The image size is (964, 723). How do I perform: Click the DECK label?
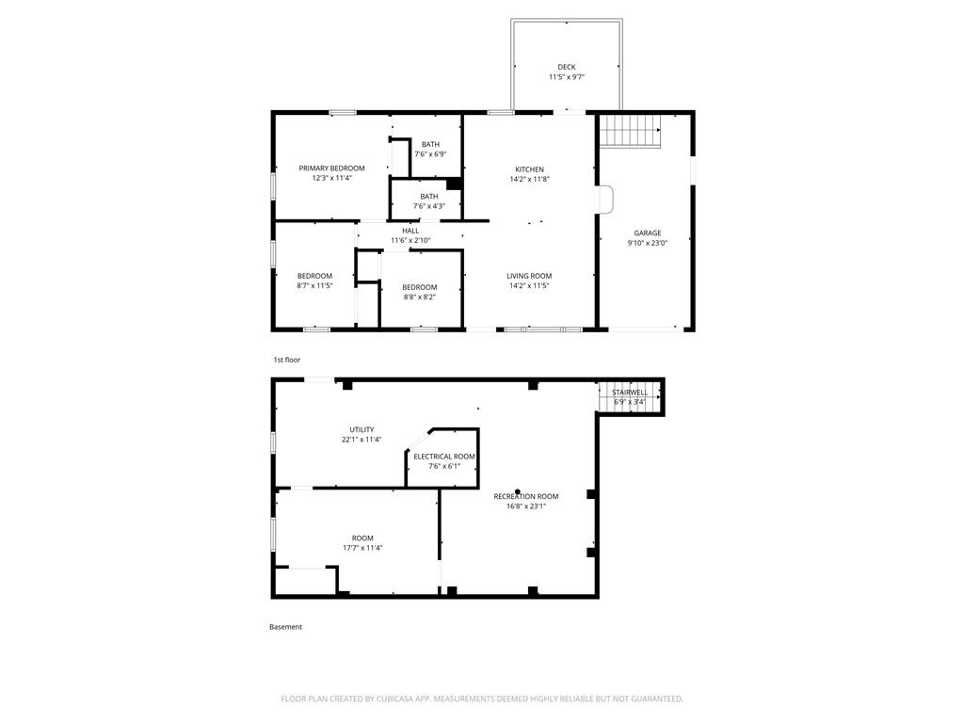(566, 67)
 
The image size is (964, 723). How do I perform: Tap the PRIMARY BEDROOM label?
(331, 168)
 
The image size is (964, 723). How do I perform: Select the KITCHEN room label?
(529, 169)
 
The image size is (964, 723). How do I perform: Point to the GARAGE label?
(648, 233)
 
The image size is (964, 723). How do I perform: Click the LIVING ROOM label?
(529, 276)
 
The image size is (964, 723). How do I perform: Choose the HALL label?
(410, 231)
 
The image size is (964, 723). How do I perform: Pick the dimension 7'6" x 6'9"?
(430, 154)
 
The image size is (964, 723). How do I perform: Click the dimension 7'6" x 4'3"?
(429, 206)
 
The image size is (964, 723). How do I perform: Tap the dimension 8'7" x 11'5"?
(314, 286)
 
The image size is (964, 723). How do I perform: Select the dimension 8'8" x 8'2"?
(419, 297)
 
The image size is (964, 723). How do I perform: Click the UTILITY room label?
(361, 429)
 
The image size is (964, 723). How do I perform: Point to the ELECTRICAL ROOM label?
(444, 457)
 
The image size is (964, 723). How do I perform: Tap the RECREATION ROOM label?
(526, 496)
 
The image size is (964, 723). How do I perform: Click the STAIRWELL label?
(630, 393)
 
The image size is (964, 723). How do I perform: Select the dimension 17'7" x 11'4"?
(362, 548)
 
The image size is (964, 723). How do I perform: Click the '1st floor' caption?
(286, 360)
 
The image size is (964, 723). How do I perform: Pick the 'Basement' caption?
(285, 627)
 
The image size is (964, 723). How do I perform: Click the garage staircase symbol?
(630, 130)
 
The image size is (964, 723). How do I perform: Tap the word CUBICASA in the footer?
(397, 699)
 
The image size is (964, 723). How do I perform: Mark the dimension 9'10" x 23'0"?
(648, 243)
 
